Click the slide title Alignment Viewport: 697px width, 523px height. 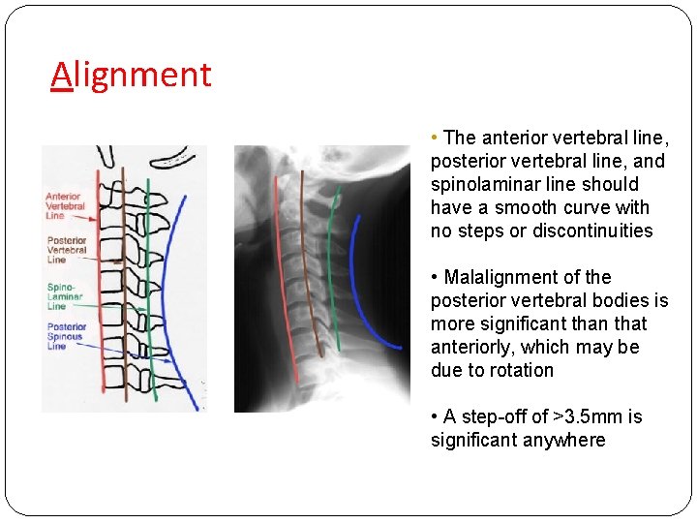coord(132,75)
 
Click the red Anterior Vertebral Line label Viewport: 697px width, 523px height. coord(65,206)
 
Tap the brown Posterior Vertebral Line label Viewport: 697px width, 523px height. coord(66,250)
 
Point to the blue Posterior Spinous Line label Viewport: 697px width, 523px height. coord(66,337)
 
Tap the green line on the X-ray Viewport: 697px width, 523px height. coord(329,261)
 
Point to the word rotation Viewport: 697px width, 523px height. coord(522,370)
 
